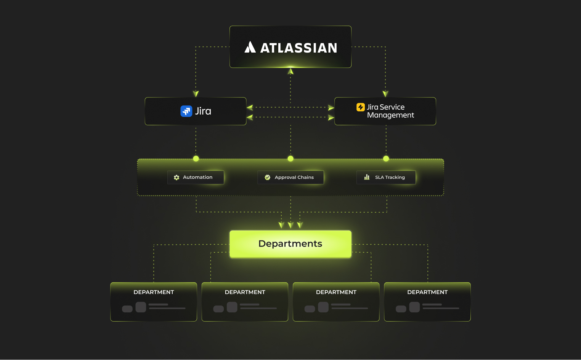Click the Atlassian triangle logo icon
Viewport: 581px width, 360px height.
250,47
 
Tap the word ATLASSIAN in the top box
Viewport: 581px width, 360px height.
299,48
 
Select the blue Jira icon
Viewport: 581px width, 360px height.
186,111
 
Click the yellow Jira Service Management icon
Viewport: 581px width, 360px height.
360,107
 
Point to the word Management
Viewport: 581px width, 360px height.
390,115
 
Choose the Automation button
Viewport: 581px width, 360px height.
196,177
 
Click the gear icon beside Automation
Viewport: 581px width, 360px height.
177,178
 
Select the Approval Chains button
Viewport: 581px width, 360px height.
290,177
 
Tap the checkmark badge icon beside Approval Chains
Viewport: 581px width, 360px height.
268,178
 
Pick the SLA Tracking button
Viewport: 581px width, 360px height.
386,177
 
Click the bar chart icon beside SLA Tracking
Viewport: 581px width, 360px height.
367,177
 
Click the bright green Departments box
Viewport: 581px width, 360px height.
290,244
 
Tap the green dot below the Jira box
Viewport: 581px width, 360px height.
196,158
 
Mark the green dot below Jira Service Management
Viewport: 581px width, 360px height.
386,158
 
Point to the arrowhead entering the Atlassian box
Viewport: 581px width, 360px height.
290,71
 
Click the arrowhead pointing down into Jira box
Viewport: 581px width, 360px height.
196,94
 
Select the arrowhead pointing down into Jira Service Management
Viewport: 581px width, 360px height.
385,94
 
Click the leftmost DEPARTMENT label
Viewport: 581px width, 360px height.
154,292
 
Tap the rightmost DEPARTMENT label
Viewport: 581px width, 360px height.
427,292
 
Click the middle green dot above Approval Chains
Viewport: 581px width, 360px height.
290,158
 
